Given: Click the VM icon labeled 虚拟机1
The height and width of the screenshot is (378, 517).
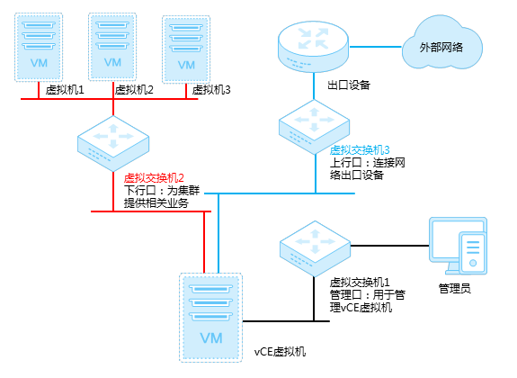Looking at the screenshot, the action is coord(39,47).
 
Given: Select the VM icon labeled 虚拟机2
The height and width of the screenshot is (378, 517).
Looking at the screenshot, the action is coord(112,47).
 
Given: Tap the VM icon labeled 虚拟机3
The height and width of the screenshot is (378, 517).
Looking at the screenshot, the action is coord(186,49).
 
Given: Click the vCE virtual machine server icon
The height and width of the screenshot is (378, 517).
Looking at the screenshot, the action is coord(211,318).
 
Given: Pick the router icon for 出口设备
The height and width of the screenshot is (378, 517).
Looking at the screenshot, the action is coord(313,47).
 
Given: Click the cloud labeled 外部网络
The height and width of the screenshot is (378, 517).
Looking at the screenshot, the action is coord(441,43).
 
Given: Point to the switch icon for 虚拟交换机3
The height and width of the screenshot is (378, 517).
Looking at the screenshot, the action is coord(314,127).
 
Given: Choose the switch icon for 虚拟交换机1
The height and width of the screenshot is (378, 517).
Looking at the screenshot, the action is coord(315,248).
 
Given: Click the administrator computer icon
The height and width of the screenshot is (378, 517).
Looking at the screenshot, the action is coord(458,246).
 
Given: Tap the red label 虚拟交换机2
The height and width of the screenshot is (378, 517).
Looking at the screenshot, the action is coord(154,178).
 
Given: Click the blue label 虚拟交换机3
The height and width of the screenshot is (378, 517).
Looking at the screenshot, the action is coord(360,150).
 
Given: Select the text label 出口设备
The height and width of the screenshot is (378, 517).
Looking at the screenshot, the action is coord(349,85).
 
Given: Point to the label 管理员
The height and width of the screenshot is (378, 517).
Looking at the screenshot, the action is coord(455,288).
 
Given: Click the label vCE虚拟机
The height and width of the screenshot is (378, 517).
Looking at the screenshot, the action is coord(280,352).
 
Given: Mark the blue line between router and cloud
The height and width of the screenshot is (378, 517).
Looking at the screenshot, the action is coord(376,47).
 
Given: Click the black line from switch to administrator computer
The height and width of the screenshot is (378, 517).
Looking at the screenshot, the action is coord(389,246).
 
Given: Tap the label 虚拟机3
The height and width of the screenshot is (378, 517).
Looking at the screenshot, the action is coord(211,89).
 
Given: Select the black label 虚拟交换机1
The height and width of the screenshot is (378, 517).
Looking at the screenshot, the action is coord(360,283).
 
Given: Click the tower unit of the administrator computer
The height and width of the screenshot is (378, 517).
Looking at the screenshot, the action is coord(473,253).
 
